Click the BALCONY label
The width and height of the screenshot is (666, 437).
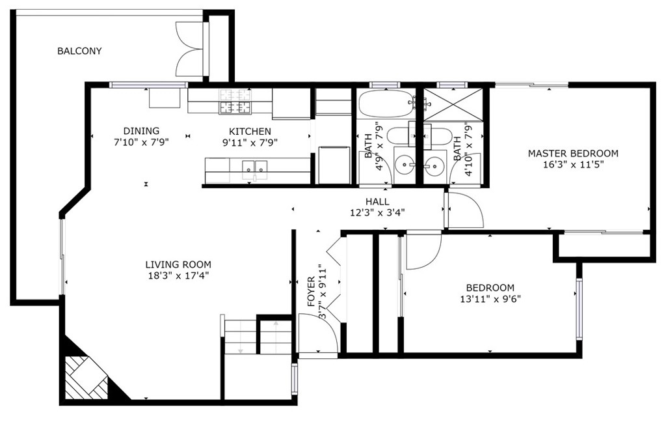79,51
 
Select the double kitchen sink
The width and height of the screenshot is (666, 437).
255,168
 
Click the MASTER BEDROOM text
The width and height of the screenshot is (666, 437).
573,153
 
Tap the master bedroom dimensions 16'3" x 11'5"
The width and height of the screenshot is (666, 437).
573,165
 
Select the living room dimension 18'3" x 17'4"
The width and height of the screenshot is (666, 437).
178,275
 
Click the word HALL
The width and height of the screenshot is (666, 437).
377,202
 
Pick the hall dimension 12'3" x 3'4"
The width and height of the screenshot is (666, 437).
377,213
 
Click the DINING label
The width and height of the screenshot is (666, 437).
141,131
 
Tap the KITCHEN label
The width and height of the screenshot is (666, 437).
250,132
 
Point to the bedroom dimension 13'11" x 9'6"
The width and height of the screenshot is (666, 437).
490,299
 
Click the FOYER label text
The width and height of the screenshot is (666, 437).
311,292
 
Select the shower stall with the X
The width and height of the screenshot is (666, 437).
453,105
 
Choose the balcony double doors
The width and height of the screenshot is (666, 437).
190,48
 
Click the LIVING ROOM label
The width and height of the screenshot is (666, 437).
178,264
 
